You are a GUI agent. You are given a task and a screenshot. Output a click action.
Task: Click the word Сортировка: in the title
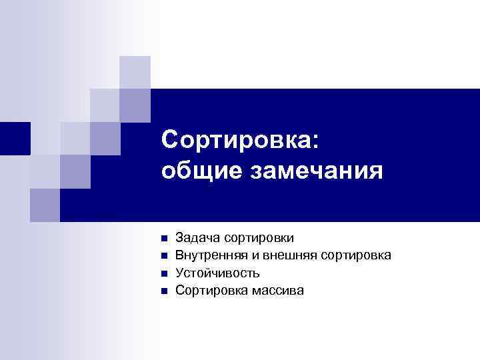click(x=240, y=141)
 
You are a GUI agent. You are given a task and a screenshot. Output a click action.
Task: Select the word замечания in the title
click(x=316, y=172)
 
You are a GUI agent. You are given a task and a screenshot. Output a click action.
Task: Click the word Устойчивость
click(x=217, y=273)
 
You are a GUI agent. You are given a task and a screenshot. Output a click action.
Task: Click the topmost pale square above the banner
click(x=135, y=71)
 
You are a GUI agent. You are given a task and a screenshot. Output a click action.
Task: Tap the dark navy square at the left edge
click(x=14, y=138)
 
